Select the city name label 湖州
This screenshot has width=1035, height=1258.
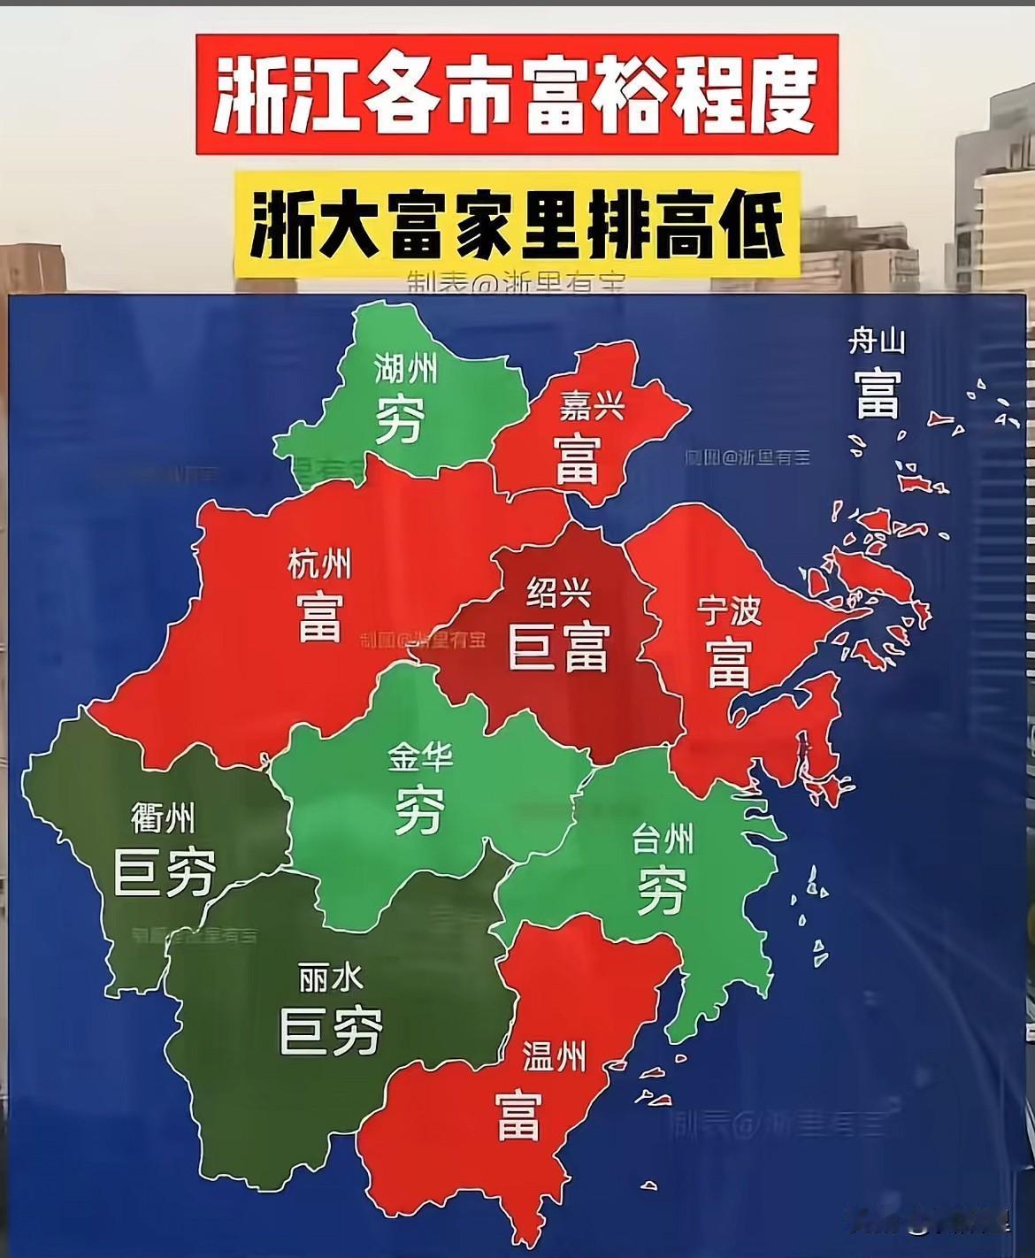coord(405,367)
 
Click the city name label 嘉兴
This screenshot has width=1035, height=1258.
coord(591,406)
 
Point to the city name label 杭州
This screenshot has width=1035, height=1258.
coord(319,564)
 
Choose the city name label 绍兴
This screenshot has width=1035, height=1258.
coord(559,592)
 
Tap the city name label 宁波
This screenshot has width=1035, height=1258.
coord(728,611)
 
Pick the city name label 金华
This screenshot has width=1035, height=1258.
coord(420,757)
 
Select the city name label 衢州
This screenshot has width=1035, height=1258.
coord(163,818)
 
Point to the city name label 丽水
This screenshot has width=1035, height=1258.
coord(331,978)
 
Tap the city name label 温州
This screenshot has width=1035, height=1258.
coord(554,1056)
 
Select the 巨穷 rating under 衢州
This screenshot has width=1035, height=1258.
coord(165,872)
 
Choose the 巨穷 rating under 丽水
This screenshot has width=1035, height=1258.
coord(331,1032)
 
